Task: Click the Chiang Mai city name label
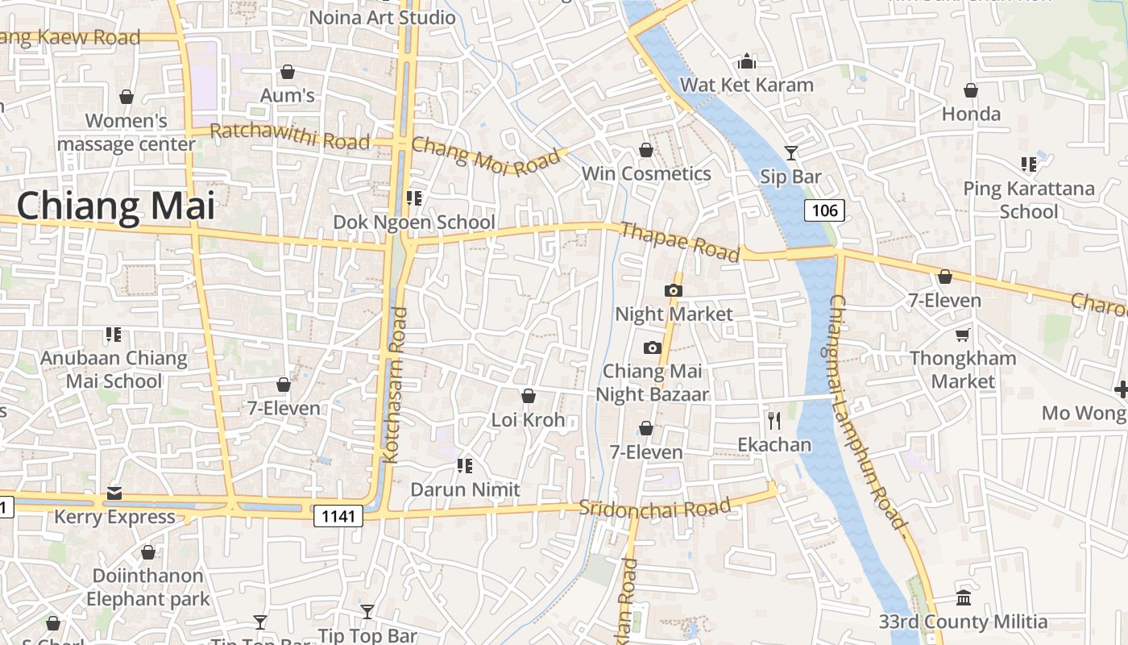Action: click(116, 206)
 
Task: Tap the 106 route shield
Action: click(824, 211)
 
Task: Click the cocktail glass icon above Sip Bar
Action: click(791, 152)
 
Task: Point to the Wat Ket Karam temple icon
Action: click(747, 61)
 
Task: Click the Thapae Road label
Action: click(680, 242)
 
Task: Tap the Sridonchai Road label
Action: click(654, 508)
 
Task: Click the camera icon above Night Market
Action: click(674, 290)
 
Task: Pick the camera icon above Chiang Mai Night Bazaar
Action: click(652, 347)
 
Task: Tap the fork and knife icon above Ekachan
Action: click(774, 420)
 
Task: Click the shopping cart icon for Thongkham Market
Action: click(962, 334)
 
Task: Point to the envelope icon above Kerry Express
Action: click(114, 493)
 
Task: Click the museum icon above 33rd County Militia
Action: click(963, 598)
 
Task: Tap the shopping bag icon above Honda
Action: click(971, 90)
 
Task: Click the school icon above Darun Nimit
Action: click(464, 465)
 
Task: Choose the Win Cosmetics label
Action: click(646, 173)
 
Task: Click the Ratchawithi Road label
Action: click(289, 137)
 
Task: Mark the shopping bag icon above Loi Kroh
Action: click(529, 396)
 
